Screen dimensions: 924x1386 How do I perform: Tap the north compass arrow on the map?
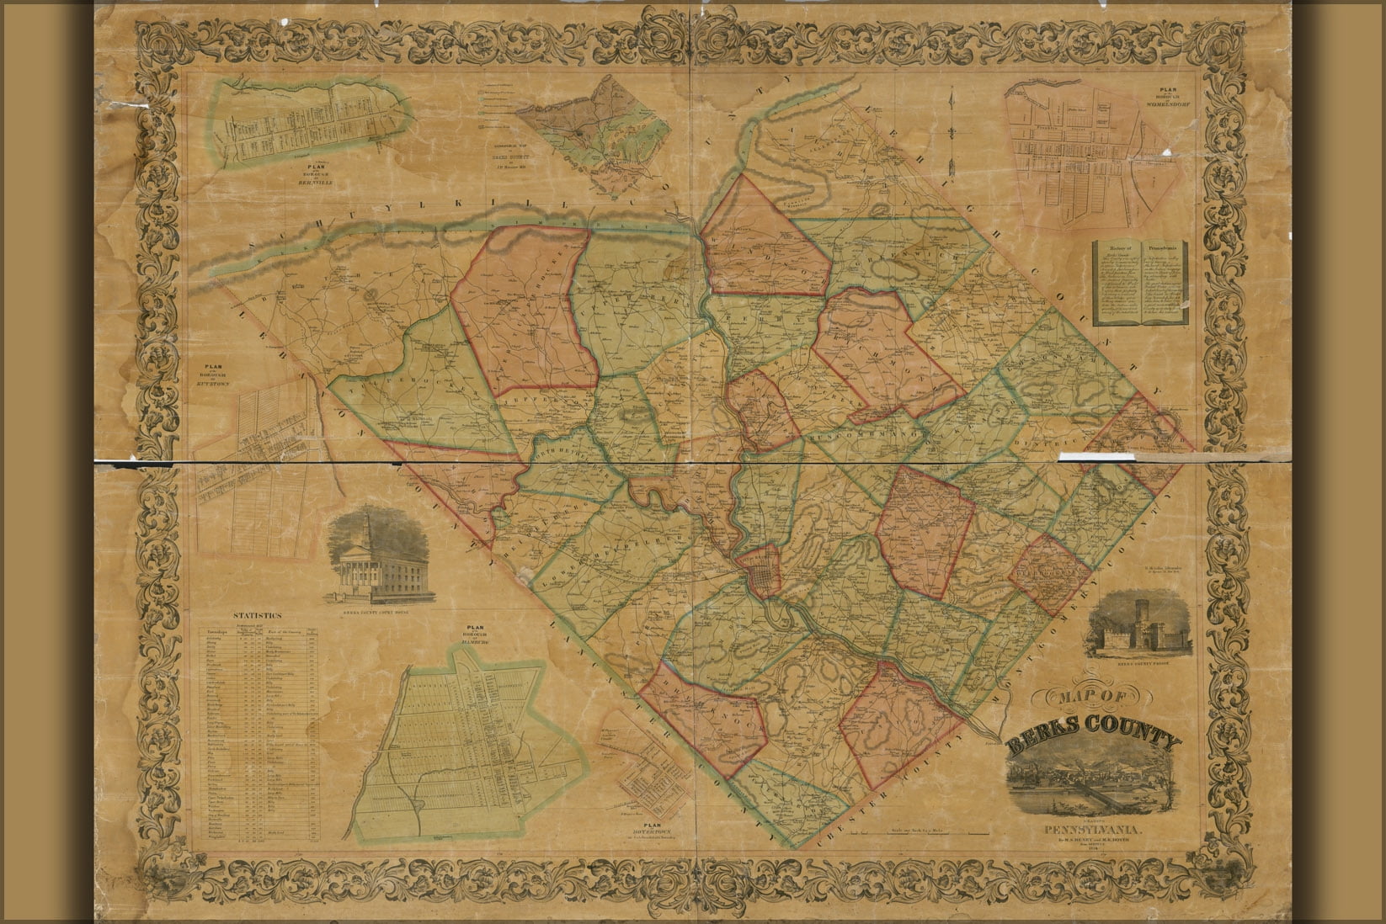(x=951, y=126)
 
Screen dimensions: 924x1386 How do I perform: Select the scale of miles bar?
(x=918, y=832)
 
